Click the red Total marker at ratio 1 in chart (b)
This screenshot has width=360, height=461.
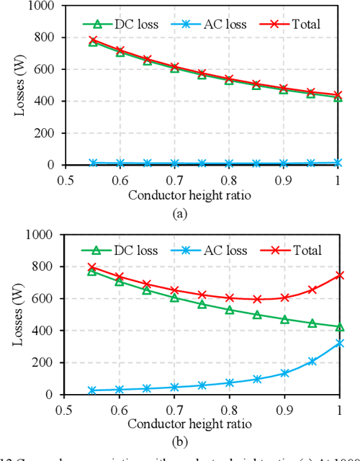point(340,274)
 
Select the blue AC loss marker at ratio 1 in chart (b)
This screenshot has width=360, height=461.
point(340,344)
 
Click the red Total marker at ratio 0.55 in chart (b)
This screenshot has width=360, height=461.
point(93,267)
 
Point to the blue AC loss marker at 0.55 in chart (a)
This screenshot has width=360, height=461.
point(93,163)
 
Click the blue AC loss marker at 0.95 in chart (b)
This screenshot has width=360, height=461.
point(312,361)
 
